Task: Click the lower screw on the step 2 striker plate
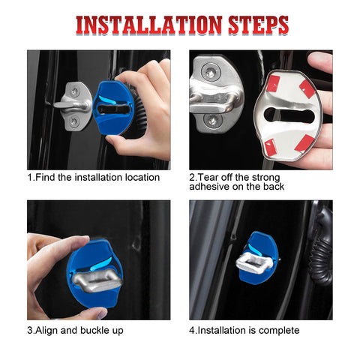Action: point(212,119)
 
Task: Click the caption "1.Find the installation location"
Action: point(94,177)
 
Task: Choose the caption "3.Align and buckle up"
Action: point(76,330)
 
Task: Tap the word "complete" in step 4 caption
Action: point(277,330)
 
